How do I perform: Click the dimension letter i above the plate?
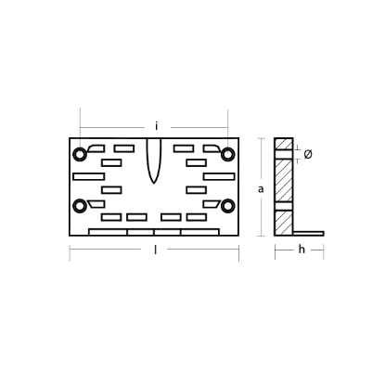(x=157, y=126)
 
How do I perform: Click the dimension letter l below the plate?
(x=155, y=250)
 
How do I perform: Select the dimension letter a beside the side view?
(x=261, y=189)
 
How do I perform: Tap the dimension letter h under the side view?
(x=302, y=249)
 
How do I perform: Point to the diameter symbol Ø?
(x=308, y=154)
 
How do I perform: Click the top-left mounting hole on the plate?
(x=80, y=154)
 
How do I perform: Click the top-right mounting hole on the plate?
(x=228, y=154)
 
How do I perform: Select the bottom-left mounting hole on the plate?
(x=80, y=206)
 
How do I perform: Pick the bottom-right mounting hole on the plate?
(x=228, y=206)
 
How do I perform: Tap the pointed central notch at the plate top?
(x=154, y=160)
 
